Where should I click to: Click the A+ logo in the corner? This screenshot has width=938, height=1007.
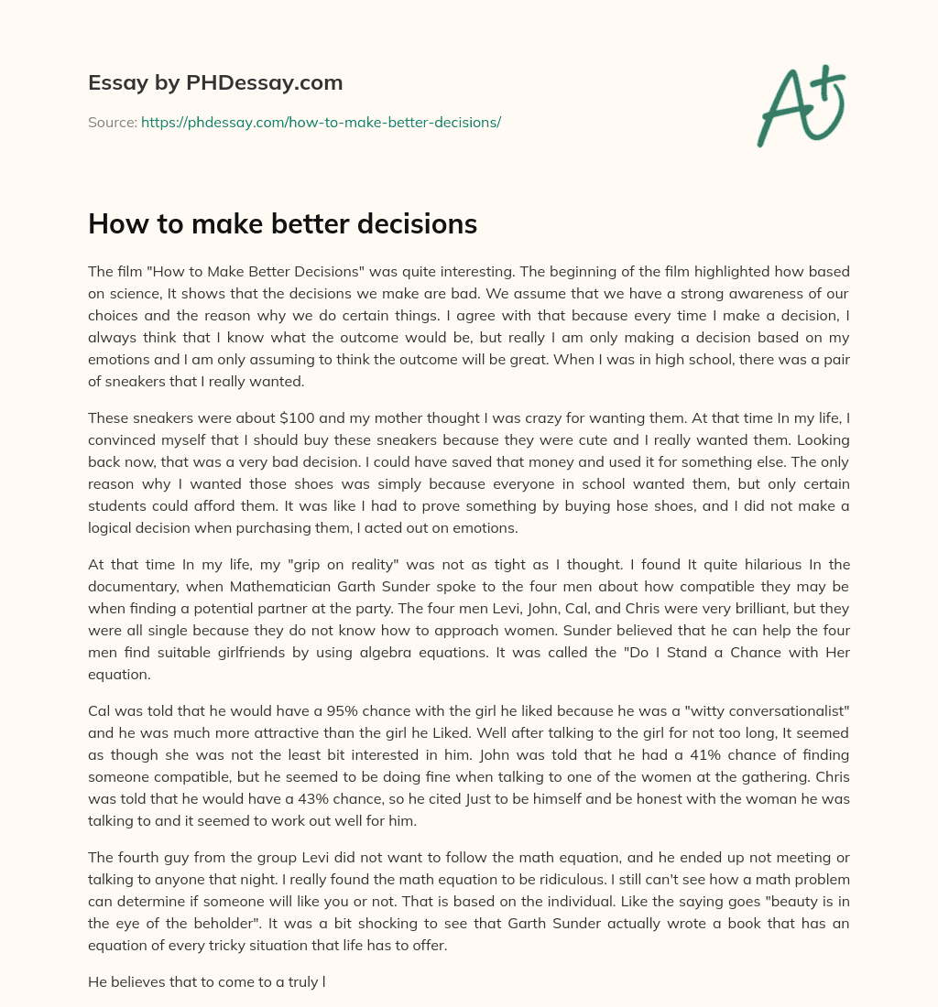tap(801, 106)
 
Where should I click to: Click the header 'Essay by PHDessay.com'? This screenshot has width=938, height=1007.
tap(215, 83)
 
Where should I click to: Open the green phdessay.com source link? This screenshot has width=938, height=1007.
tap(321, 122)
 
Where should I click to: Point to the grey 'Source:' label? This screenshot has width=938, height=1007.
tap(112, 122)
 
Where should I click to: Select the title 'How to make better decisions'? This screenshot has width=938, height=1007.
tap(282, 223)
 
